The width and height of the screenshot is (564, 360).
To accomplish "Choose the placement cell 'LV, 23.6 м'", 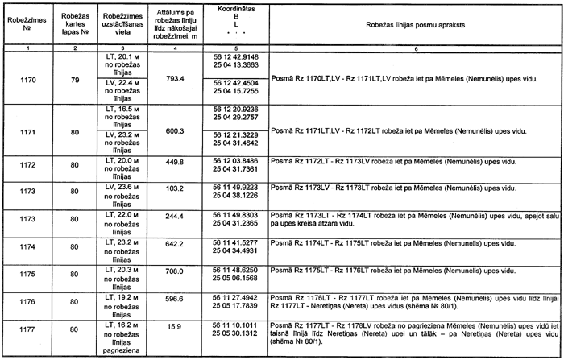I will click(123, 186).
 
